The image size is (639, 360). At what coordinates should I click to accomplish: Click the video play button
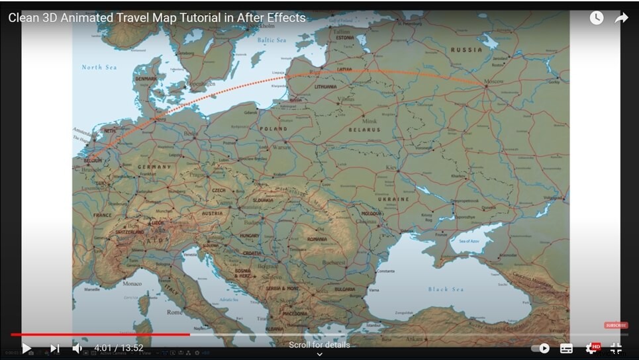pyautogui.click(x=26, y=348)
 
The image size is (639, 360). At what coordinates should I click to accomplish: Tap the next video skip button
pyautogui.click(x=55, y=348)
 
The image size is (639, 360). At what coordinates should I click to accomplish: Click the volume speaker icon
pyautogui.click(x=77, y=348)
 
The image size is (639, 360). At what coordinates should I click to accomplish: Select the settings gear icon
pyautogui.click(x=591, y=348)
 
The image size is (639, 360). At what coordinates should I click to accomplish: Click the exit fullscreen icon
pyautogui.click(x=616, y=348)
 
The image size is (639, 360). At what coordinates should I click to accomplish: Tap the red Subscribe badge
pyautogui.click(x=616, y=325)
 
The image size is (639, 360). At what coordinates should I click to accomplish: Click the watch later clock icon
pyautogui.click(x=597, y=19)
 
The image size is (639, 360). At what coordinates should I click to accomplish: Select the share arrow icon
pyautogui.click(x=621, y=19)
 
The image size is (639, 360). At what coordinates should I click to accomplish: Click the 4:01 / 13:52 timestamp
pyautogui.click(x=119, y=348)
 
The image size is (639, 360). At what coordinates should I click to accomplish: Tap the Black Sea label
pyautogui.click(x=446, y=289)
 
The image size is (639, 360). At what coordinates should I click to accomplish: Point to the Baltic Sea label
pyautogui.click(x=271, y=40)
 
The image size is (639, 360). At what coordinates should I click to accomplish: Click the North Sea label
pyautogui.click(x=99, y=67)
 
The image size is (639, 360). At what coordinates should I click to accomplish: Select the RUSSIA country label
pyautogui.click(x=466, y=50)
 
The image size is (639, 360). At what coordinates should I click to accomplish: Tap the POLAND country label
pyautogui.click(x=273, y=129)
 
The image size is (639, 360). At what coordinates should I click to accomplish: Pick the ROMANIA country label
pyautogui.click(x=317, y=239)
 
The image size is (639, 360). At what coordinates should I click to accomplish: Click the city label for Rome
pyautogui.click(x=174, y=312)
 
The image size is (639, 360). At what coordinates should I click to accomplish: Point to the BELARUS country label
pyautogui.click(x=365, y=130)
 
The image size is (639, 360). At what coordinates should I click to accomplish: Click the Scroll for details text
pyautogui.click(x=319, y=345)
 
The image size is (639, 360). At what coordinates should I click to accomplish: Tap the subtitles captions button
pyautogui.click(x=566, y=348)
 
